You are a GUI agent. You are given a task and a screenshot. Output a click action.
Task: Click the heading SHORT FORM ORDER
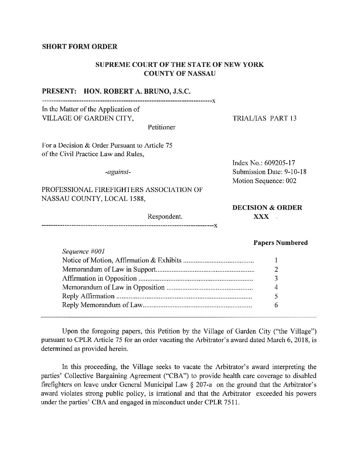point(79,47)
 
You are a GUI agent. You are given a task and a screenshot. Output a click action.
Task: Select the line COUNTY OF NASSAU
point(180,74)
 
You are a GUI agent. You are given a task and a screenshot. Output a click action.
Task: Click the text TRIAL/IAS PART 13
point(264,118)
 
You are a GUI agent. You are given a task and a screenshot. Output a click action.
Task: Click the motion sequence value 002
point(291,181)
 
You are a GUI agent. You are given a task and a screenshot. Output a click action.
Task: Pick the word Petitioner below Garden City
point(161,127)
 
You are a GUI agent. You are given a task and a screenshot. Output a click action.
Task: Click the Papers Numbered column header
point(280,243)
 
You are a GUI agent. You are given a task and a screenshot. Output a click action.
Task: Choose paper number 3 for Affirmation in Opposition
point(276,278)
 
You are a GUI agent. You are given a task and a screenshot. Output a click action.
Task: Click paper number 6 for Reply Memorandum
point(276,305)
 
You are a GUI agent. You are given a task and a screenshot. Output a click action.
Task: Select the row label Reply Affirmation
point(88,296)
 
